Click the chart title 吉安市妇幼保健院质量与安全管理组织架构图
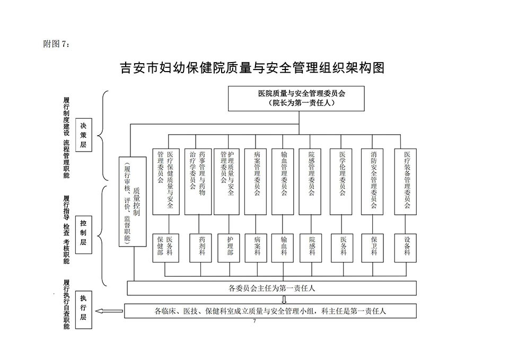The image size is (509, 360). click(252, 68)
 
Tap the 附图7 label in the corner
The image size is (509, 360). click(56, 44)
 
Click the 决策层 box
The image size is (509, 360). click(83, 135)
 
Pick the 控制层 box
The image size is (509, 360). click(83, 233)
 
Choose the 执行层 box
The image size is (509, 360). click(83, 309)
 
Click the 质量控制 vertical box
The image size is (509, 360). click(131, 201)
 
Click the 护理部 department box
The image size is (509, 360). click(230, 247)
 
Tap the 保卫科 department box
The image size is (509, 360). click(374, 247)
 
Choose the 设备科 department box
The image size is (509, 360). click(407, 247)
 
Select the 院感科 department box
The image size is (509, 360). click(312, 247)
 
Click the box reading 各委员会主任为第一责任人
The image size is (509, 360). click(271, 288)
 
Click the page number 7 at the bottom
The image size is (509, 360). click(254, 322)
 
